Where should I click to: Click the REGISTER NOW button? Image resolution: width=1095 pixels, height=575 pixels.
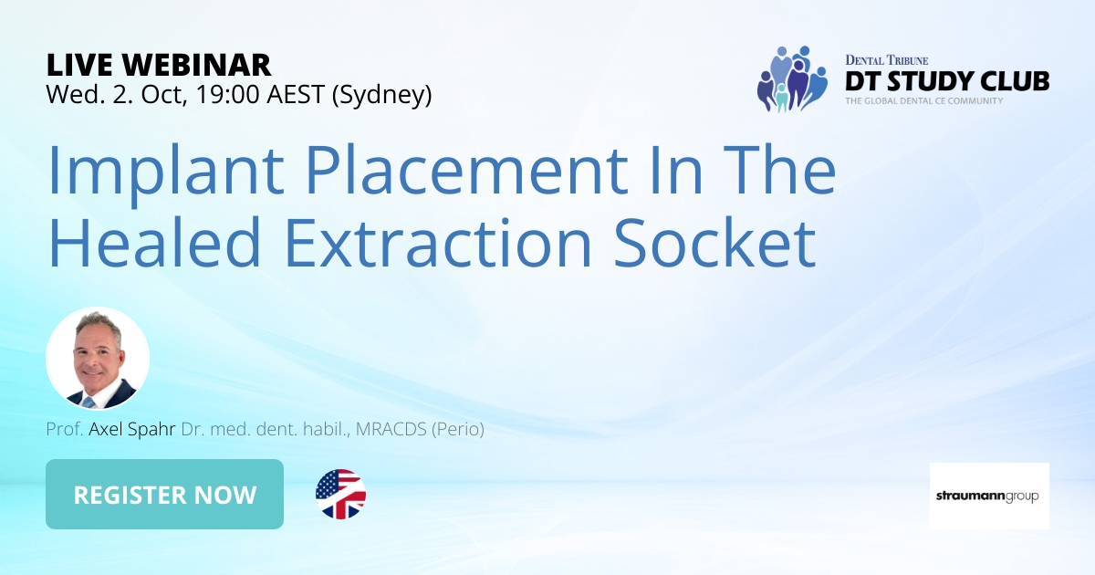click(164, 495)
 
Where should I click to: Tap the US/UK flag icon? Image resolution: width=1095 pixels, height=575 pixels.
click(340, 495)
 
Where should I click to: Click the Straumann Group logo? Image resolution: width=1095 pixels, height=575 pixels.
click(989, 496)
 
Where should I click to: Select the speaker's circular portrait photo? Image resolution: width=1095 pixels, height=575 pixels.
click(98, 358)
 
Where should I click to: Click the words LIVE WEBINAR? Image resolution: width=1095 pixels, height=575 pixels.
click(159, 65)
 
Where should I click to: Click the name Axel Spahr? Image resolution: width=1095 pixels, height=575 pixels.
click(132, 429)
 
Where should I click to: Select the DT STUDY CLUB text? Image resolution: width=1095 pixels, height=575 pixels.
click(947, 81)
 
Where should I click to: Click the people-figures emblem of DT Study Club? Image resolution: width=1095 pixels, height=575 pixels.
click(791, 78)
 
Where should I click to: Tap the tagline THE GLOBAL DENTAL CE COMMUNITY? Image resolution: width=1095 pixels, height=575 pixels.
click(923, 100)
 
